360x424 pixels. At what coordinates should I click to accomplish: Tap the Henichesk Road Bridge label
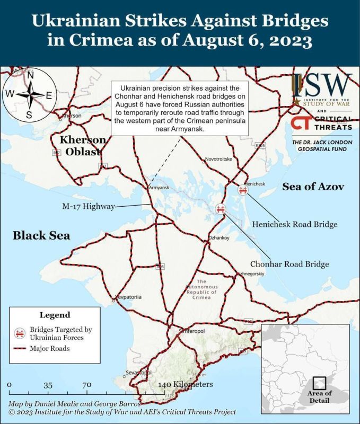(295, 224)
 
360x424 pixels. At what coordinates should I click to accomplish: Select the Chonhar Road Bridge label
(289, 263)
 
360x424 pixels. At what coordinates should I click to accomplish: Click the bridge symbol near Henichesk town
(244, 190)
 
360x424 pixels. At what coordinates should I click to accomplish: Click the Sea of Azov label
(313, 187)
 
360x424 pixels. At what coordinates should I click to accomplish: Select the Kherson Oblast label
(82, 145)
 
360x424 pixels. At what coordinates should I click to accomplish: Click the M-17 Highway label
(87, 207)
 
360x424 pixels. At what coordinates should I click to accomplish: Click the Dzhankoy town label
(219, 238)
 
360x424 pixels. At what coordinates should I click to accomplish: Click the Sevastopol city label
(139, 373)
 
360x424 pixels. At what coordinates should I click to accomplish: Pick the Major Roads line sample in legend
(20, 349)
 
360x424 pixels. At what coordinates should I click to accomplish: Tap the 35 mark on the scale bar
(48, 385)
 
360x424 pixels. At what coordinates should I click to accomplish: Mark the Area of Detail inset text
(319, 396)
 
